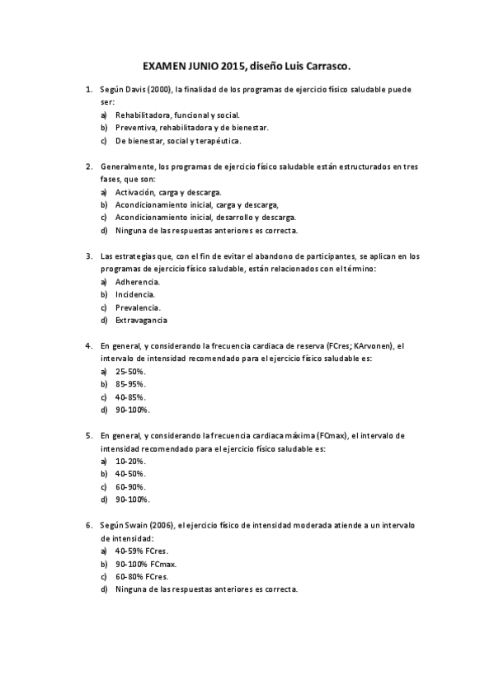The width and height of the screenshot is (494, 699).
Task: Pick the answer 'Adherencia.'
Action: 138,281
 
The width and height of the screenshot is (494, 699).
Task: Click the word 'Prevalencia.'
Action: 139,307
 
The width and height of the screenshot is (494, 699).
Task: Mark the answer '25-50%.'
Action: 131,372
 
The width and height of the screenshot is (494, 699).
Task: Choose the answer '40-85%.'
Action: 131,397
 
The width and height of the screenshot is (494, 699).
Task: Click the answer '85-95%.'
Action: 131,384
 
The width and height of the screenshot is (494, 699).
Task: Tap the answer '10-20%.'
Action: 131,461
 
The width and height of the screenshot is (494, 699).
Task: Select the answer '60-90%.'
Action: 131,486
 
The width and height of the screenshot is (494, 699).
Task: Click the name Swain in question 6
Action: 134,525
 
